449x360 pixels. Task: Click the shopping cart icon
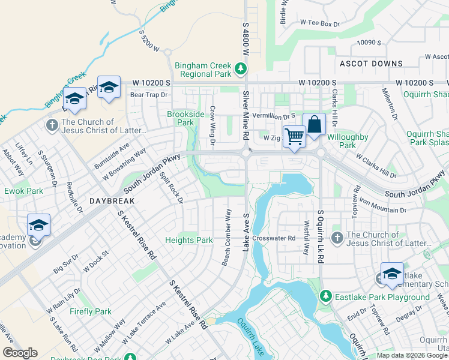coord(294,136)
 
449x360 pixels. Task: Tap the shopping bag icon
coord(314,125)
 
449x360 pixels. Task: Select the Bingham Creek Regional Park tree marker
coord(241,69)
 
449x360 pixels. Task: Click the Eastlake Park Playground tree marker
coord(325,296)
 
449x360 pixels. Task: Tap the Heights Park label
coord(189,240)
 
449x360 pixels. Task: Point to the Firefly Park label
coord(90,311)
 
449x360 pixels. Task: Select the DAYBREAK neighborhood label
coord(112,202)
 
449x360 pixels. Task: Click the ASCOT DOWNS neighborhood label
coord(371,64)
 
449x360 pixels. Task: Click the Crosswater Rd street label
coord(274,238)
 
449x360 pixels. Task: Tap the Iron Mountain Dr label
coord(382,206)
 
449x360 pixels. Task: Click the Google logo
coord(20,353)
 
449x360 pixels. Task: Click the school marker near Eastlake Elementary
coord(392,274)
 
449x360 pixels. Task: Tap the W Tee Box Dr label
coord(319,23)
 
